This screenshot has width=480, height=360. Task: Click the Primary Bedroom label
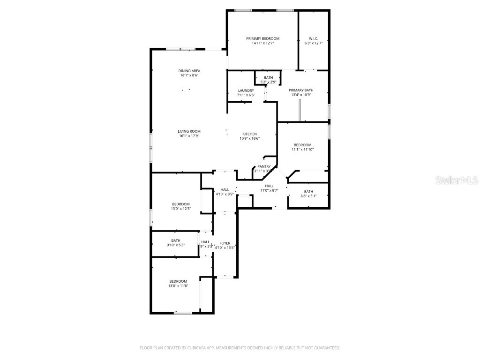point(262,38)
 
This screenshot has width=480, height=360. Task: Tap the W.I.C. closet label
point(314,38)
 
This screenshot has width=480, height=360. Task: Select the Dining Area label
point(189,71)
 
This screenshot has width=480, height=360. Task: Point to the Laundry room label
point(246,90)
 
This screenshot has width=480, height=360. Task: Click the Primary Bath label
point(300,90)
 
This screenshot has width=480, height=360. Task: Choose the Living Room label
point(189,131)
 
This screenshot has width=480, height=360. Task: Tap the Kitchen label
point(249,134)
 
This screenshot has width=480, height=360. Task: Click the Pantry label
point(264,166)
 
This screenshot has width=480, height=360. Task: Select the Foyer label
point(225,243)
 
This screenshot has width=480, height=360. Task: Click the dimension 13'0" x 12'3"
point(180,209)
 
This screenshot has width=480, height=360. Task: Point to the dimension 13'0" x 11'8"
point(178,286)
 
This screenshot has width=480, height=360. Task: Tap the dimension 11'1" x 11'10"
point(302,150)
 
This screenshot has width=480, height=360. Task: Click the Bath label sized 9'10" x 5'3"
point(175,240)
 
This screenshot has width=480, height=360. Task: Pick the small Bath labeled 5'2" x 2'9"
point(268,78)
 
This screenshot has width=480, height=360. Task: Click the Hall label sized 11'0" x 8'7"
point(269,186)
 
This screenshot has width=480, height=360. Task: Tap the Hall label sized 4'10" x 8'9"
point(225,189)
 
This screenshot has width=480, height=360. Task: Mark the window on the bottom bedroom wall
point(183,313)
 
